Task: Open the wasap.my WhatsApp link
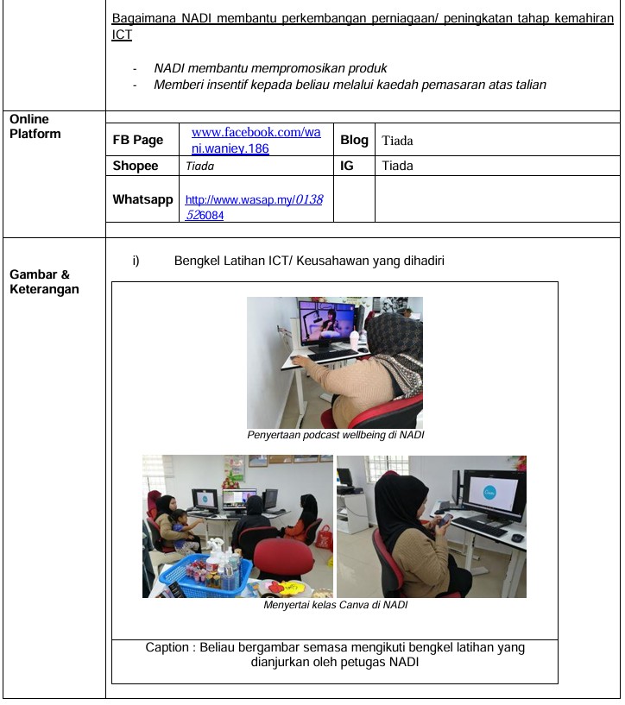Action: tap(254, 207)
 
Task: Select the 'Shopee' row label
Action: tap(136, 166)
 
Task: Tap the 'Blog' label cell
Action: tap(354, 140)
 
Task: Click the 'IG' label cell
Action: tap(346, 166)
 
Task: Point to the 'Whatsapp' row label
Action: tap(142, 199)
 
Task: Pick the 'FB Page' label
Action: tap(138, 140)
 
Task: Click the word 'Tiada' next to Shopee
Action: tap(199, 167)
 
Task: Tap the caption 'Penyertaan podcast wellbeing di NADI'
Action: tap(335, 435)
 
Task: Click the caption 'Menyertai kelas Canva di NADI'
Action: tap(335, 605)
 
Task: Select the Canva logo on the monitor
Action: tap(489, 492)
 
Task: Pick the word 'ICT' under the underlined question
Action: tap(121, 36)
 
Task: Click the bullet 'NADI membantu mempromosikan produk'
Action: tap(270, 68)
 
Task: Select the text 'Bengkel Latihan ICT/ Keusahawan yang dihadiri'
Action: tap(309, 260)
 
